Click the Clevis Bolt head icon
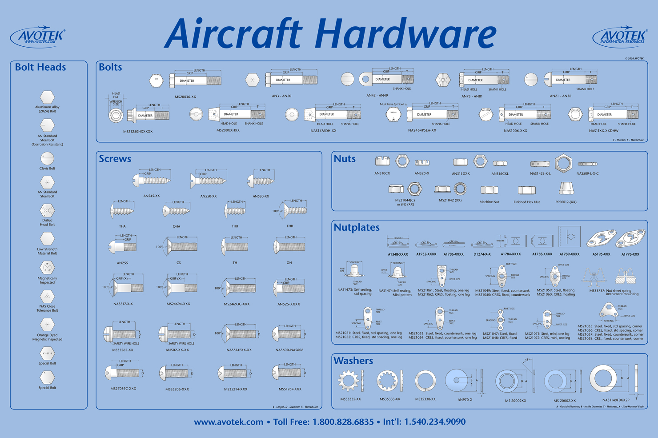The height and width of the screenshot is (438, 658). click(x=47, y=158)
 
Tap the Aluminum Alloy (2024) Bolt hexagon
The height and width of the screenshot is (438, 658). click(x=47, y=97)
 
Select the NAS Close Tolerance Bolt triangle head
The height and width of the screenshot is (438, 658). click(x=47, y=297)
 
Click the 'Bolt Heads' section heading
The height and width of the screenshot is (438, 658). click(x=40, y=68)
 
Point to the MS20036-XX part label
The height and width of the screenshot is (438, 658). click(x=185, y=96)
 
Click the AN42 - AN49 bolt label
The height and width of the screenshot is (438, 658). click(x=377, y=96)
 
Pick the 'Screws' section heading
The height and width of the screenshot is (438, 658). click(x=115, y=159)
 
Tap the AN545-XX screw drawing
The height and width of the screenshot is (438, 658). click(x=152, y=180)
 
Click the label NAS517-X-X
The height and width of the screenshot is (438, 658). click(x=123, y=304)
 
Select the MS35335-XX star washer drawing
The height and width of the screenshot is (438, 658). click(x=349, y=381)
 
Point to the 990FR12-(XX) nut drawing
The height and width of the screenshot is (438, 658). click(x=566, y=189)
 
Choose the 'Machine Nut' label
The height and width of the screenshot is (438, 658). click(x=489, y=202)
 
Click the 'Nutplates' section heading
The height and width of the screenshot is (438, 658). click(x=357, y=228)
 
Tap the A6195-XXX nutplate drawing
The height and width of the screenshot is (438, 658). click(x=601, y=239)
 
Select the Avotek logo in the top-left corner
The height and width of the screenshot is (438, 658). click(x=38, y=37)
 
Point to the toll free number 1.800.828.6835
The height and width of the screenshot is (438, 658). click(x=343, y=422)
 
